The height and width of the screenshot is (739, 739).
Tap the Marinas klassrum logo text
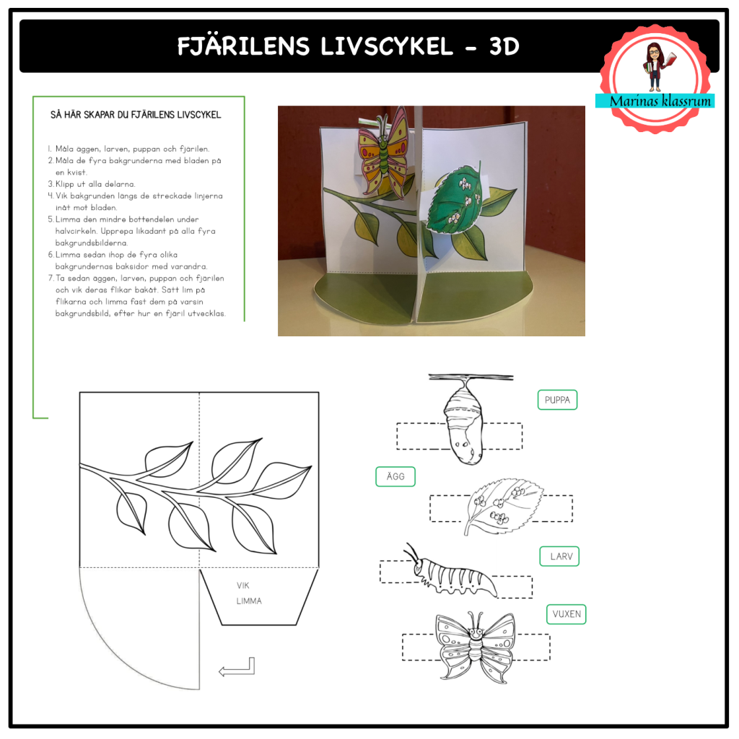pos(655,101)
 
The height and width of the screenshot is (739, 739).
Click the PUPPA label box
pos(557,400)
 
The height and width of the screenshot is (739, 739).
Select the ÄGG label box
pos(395,476)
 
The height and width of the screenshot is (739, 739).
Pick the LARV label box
pos(559,556)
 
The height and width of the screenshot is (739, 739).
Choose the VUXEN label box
pos(566,614)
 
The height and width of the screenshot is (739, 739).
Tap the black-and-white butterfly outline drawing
pos(475,645)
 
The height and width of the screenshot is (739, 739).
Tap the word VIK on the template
pos(243,585)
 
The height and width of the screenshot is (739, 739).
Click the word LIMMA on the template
pos(249,601)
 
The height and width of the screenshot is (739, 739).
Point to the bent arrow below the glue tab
pos(237,667)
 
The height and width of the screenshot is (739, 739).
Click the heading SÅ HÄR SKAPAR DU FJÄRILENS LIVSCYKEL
pos(136,115)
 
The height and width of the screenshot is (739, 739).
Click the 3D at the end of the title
pos(504,46)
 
